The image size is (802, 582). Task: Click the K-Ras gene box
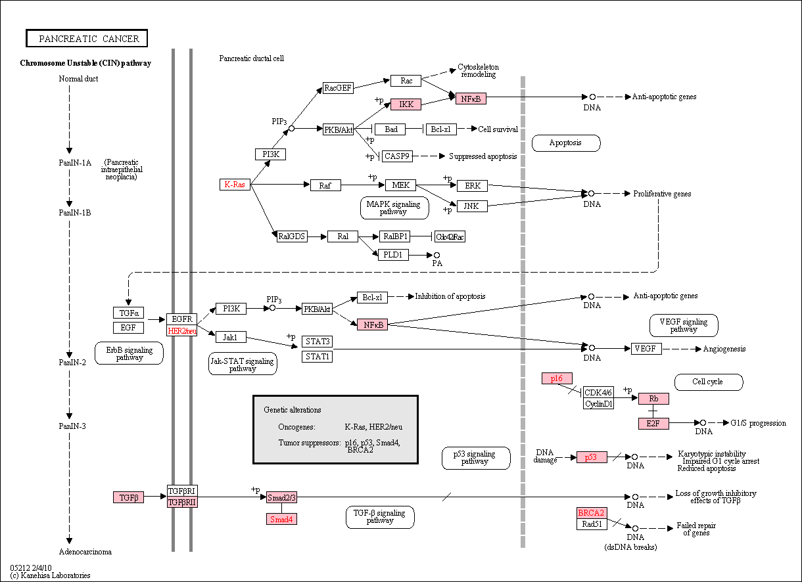pyautogui.click(x=235, y=185)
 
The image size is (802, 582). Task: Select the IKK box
pyautogui.click(x=406, y=104)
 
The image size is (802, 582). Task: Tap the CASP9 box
pyautogui.click(x=397, y=156)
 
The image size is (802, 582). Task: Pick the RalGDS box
pyautogui.click(x=292, y=236)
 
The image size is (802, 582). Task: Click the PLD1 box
pyautogui.click(x=393, y=255)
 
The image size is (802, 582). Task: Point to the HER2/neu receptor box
pyautogui.click(x=182, y=330)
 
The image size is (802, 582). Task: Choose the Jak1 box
pyautogui.click(x=231, y=337)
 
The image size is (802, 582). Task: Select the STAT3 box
pyautogui.click(x=317, y=342)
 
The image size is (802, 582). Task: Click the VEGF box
pyautogui.click(x=646, y=348)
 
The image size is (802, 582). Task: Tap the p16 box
pyautogui.click(x=557, y=378)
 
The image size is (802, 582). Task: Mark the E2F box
pyautogui.click(x=653, y=424)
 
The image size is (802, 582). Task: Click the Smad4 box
pyautogui.click(x=281, y=519)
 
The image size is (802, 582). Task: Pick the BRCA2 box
pyautogui.click(x=592, y=513)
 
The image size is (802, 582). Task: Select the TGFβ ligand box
pyautogui.click(x=128, y=497)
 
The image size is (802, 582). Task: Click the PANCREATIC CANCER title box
pyautogui.click(x=87, y=38)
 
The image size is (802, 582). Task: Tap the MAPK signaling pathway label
pyautogui.click(x=394, y=208)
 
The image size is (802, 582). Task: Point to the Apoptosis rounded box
pyautogui.click(x=566, y=143)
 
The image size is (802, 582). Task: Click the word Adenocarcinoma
pyautogui.click(x=85, y=552)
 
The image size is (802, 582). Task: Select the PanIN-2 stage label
pyautogui.click(x=72, y=363)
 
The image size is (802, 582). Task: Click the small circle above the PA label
pyautogui.click(x=436, y=255)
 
